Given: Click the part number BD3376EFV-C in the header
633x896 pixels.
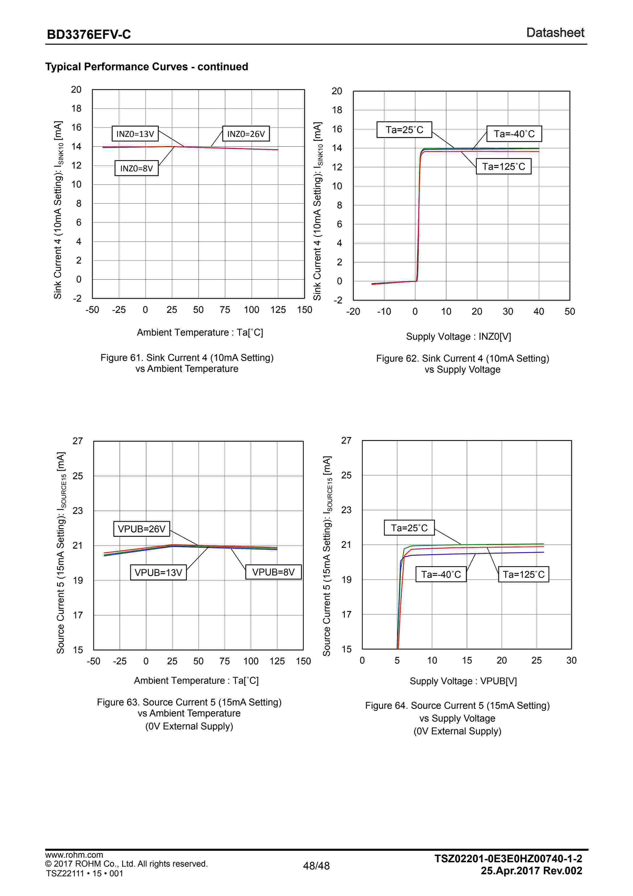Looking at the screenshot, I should (x=89, y=35).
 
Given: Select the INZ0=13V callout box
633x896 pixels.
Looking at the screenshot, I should (x=135, y=134).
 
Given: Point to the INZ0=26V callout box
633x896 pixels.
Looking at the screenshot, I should (x=246, y=134).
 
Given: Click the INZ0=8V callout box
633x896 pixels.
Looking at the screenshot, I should (x=136, y=168).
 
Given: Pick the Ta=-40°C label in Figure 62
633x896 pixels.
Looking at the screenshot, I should (x=514, y=134).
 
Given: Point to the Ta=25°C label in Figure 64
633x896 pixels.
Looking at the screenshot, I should (x=409, y=528).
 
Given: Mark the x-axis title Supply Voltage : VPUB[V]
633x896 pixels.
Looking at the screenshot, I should (x=463, y=681).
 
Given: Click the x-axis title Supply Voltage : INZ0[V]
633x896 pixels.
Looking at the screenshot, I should (x=458, y=336).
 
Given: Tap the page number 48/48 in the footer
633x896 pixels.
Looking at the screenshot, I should (x=316, y=866).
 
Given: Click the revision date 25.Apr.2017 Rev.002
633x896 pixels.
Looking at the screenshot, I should (x=531, y=871).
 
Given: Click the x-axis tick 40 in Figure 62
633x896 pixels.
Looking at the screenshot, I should (x=538, y=311).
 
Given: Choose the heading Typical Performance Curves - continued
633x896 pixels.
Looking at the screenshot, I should (x=147, y=67).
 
